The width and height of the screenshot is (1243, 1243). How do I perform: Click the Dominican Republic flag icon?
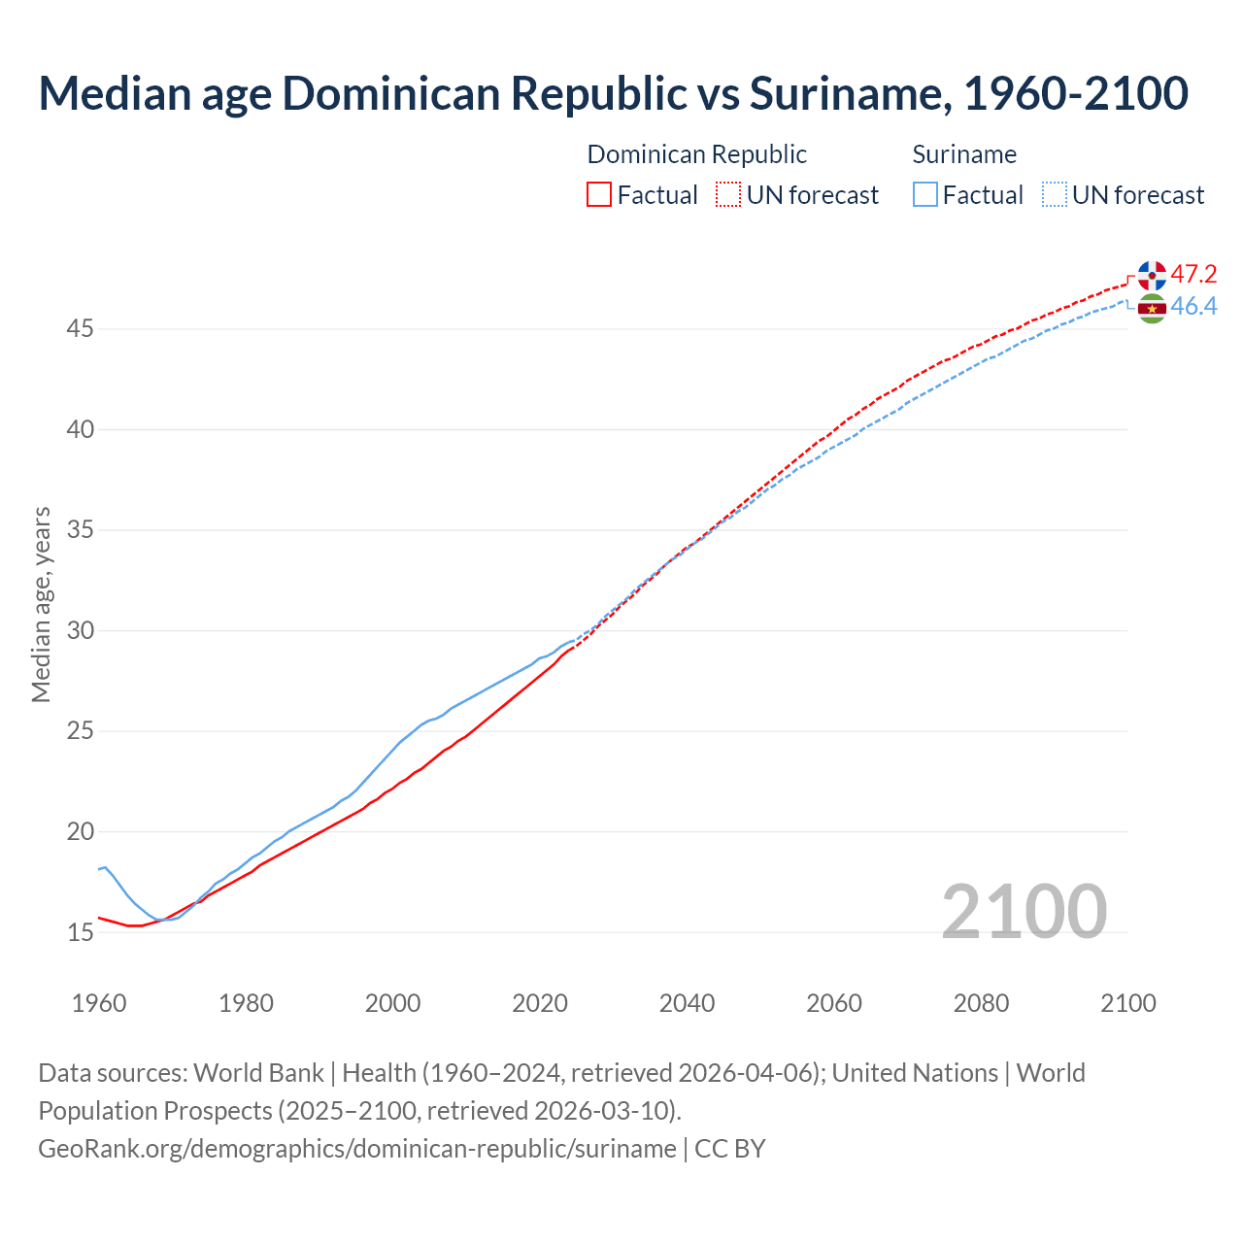[x=1152, y=275]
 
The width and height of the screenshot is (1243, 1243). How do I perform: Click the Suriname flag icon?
[x=1152, y=309]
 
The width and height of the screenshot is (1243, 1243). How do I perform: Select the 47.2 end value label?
[x=1193, y=274]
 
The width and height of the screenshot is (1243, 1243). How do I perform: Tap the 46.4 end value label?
[x=1193, y=307]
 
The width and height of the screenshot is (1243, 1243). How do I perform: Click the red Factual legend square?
[x=599, y=195]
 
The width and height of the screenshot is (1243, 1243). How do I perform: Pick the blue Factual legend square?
[x=925, y=195]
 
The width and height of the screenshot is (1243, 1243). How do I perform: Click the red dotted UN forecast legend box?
[x=728, y=195]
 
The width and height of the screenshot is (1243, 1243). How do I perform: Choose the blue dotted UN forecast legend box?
[x=1055, y=195]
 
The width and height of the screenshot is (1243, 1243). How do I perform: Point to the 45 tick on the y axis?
[x=80, y=329]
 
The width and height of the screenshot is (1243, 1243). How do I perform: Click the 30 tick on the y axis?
[x=80, y=631]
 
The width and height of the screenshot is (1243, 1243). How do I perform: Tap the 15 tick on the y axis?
[x=80, y=933]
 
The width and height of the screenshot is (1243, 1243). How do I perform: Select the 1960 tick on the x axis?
[x=99, y=1003]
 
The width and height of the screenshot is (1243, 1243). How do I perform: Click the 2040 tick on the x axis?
[x=687, y=1003]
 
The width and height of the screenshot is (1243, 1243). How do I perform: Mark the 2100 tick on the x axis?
[x=1127, y=1003]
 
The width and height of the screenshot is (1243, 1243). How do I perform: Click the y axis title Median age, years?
[x=41, y=604]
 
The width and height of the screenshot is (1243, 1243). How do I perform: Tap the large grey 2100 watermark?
[x=1024, y=912]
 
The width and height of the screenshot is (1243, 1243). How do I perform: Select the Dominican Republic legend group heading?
[x=696, y=154]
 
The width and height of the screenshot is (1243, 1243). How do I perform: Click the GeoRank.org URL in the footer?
[x=356, y=1149]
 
